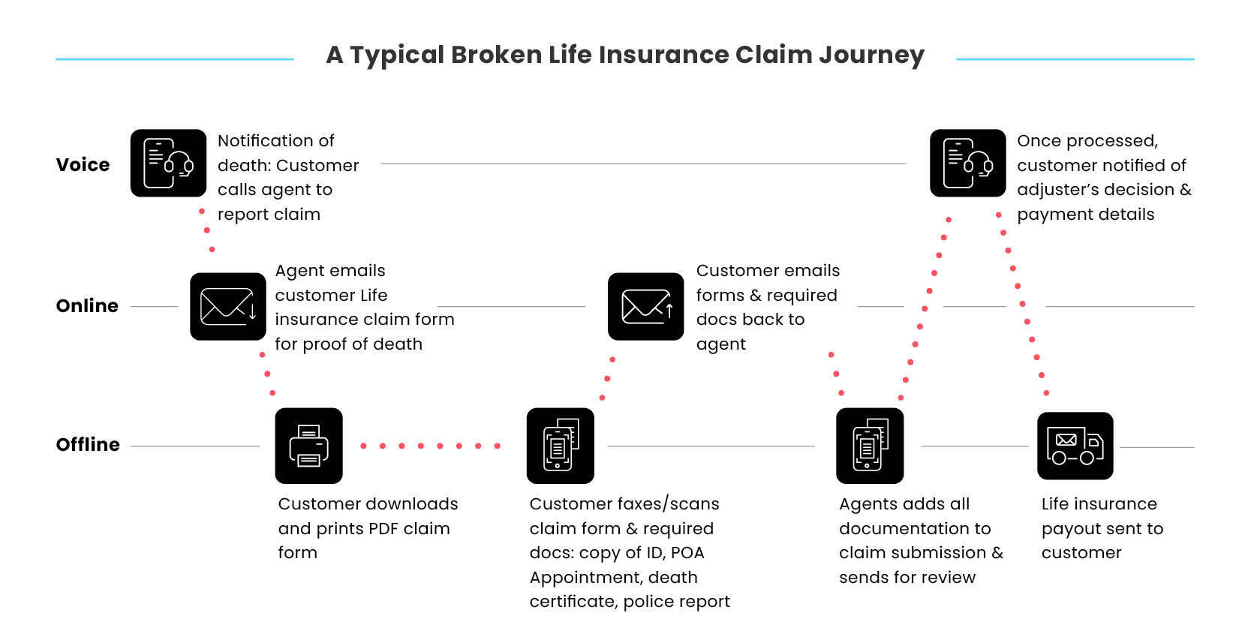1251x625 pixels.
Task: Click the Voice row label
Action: (83, 165)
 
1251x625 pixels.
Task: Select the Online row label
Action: (87, 305)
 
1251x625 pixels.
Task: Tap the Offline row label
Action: (88, 445)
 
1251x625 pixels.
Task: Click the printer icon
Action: (309, 446)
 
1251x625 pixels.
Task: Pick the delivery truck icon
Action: (1075, 446)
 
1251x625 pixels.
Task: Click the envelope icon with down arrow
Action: (228, 307)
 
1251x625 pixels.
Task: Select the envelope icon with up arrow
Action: (645, 307)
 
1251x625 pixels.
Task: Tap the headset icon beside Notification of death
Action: (168, 163)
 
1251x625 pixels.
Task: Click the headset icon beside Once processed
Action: (968, 163)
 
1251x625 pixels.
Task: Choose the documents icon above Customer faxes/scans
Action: (560, 446)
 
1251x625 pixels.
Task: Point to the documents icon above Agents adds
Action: (870, 446)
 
